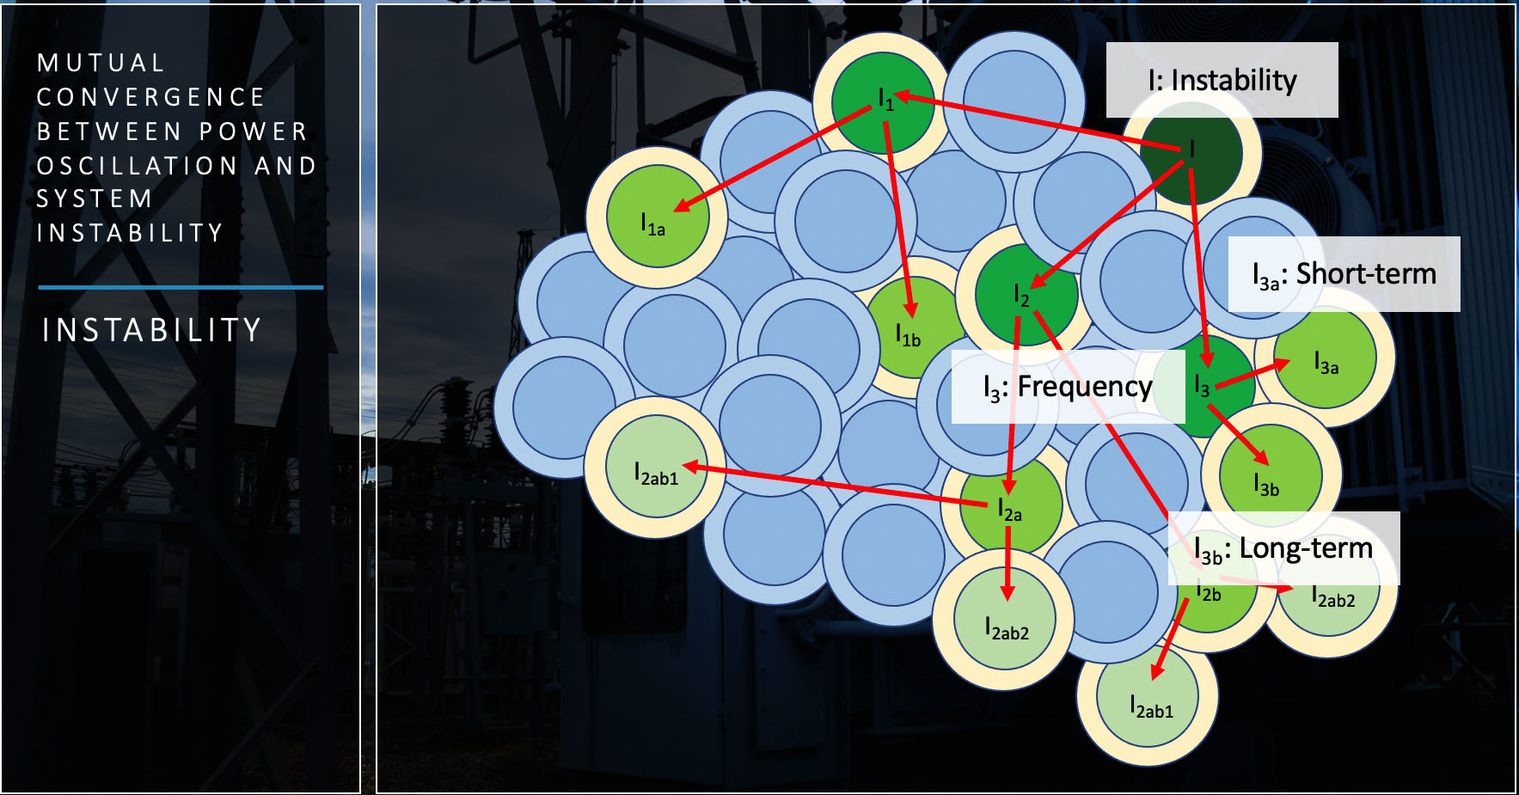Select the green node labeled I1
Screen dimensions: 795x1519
pos(883,102)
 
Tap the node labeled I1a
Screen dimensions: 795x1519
pos(658,217)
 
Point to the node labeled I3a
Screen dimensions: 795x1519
pos(1325,358)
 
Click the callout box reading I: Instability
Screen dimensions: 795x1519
pos(1222,80)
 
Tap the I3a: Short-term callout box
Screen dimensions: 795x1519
pos(1344,274)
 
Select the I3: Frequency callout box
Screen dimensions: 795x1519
pos(1068,387)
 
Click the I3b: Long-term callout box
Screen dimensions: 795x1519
pos(1283,548)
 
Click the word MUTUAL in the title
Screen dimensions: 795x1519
pos(101,63)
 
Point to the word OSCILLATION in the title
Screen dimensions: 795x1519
pos(138,165)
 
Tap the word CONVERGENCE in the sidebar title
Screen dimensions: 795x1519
pos(151,97)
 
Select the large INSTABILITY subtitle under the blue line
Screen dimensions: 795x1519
pos(152,330)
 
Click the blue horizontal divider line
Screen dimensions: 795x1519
pos(181,287)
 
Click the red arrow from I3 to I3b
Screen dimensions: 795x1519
pos(1238,435)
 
